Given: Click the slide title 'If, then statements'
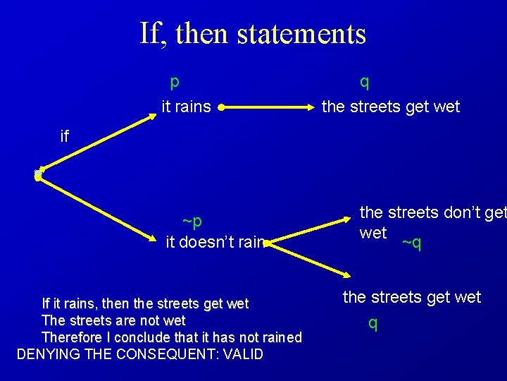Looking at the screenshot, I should [x=253, y=33].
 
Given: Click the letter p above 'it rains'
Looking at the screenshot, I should [x=175, y=82].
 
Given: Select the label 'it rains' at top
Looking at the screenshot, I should [x=186, y=107].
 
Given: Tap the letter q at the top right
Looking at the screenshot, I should [x=364, y=82].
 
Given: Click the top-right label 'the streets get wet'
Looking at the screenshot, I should [x=390, y=107].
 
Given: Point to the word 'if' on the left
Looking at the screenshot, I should [x=65, y=136].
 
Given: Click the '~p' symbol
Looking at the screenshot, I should [x=192, y=222].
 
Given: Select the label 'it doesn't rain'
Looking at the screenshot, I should [x=215, y=243].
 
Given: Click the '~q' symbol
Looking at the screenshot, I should [x=411, y=243].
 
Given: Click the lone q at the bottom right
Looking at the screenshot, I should [x=373, y=323].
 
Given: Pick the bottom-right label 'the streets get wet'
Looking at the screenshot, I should [x=412, y=298].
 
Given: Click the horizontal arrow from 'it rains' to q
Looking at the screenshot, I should [x=268, y=108].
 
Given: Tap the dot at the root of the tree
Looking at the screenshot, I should [x=39, y=174].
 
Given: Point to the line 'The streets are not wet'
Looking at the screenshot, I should [x=113, y=320].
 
